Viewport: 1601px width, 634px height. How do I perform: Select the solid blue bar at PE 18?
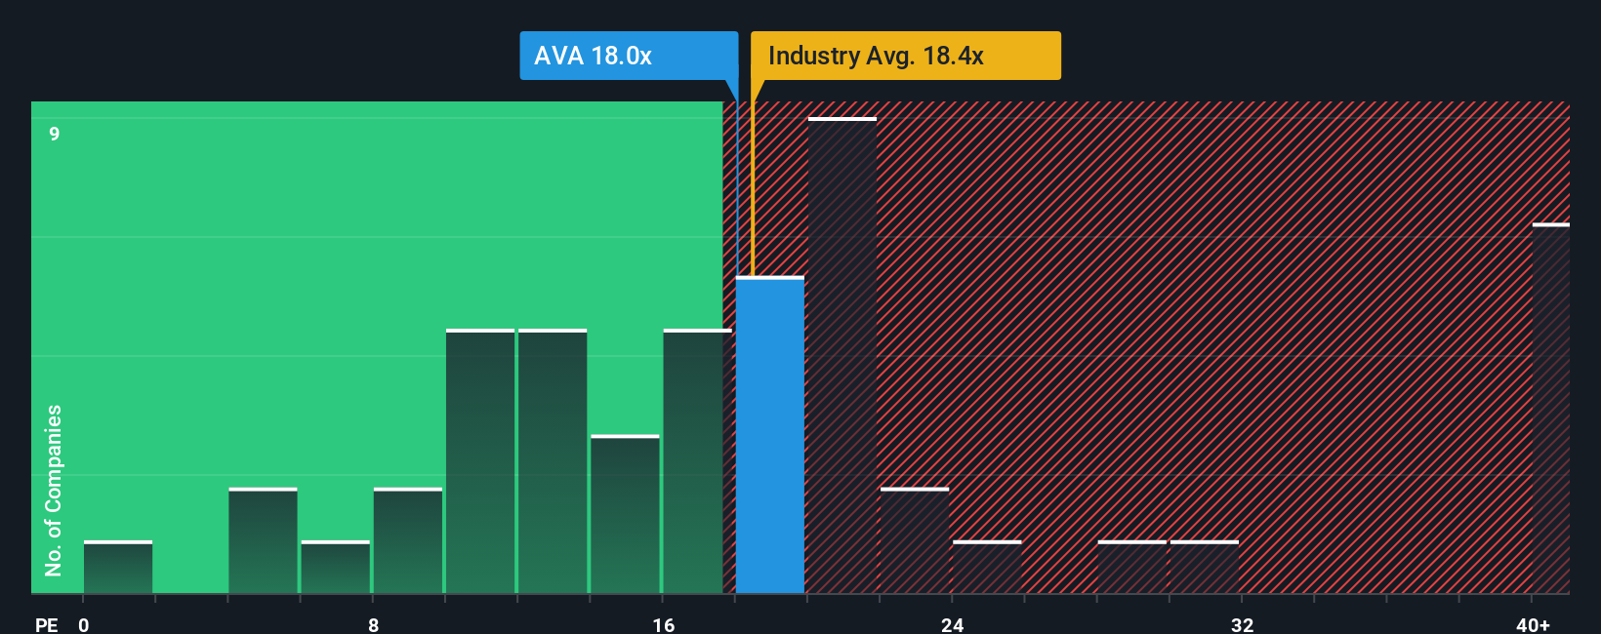tap(769, 436)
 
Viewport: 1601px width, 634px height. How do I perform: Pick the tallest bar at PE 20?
tap(842, 356)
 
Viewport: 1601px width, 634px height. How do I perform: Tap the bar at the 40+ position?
tap(1550, 409)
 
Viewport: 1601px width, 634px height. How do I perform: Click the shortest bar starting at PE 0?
tap(118, 568)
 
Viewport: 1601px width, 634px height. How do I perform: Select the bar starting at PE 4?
tap(263, 541)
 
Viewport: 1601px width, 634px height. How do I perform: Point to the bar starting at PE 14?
tap(625, 515)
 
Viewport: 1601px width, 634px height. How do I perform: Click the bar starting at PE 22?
tap(915, 541)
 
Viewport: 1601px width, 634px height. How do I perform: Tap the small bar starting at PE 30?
tap(1204, 568)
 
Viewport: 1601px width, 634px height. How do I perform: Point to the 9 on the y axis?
tap(55, 134)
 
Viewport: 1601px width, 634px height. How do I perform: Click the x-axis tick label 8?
tap(373, 624)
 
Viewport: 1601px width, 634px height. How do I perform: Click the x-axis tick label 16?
tap(663, 624)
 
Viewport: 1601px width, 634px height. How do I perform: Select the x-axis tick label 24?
tap(952, 624)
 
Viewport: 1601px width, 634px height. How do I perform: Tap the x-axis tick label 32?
tap(1242, 624)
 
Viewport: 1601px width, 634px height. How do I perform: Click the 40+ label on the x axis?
tap(1533, 624)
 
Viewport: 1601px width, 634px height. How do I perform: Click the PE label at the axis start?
tap(46, 624)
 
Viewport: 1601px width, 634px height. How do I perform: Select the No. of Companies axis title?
tap(54, 490)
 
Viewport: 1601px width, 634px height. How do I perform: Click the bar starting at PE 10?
tap(480, 462)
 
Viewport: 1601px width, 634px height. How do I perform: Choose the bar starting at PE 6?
tap(335, 568)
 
